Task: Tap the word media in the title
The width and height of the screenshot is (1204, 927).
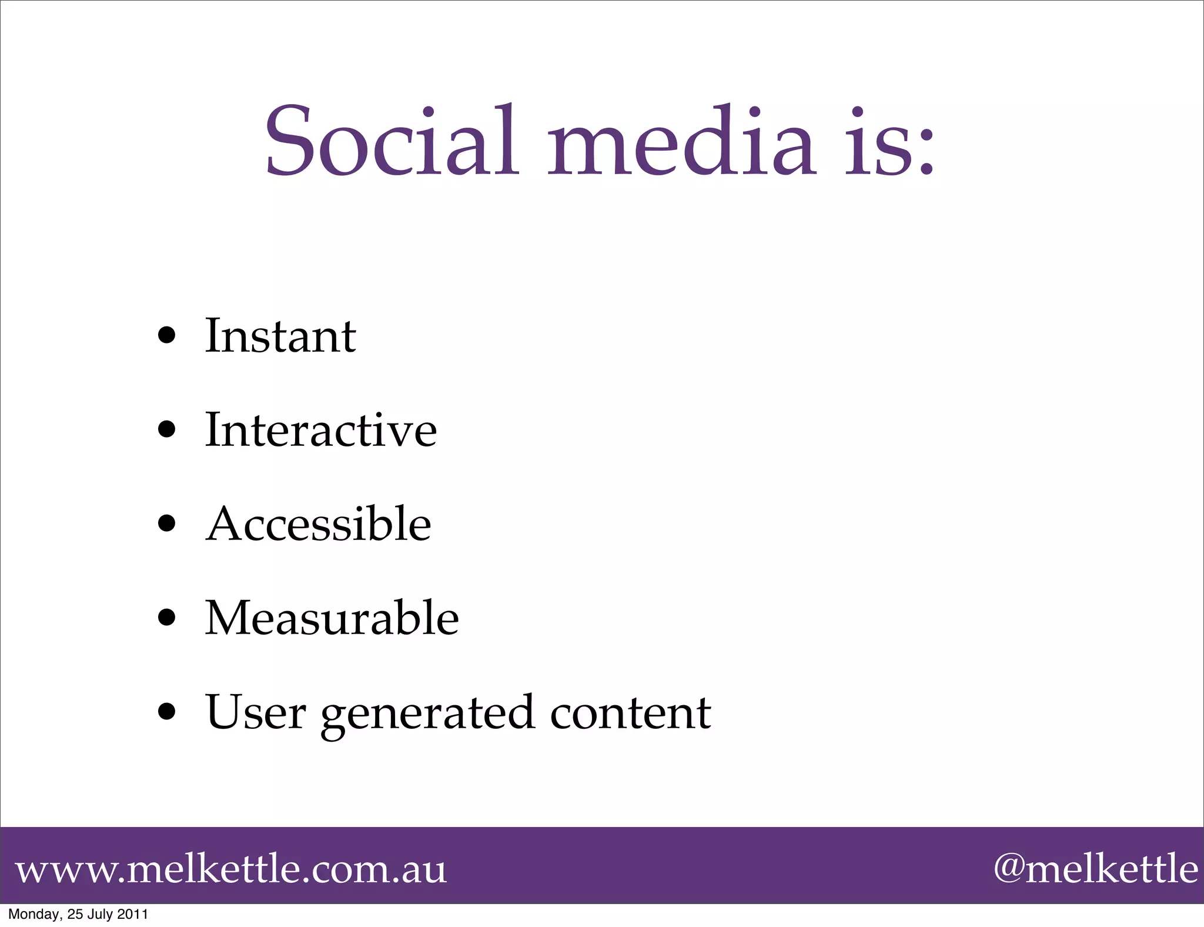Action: [682, 141]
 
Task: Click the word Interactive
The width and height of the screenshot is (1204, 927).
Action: [320, 430]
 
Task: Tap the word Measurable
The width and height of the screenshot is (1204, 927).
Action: [332, 618]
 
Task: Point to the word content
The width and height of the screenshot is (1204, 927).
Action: [630, 712]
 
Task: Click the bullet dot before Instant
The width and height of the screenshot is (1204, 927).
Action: [167, 335]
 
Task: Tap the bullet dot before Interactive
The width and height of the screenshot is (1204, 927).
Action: [167, 429]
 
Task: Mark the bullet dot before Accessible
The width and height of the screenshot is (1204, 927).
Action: [167, 523]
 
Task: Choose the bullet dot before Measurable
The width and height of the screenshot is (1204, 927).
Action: [167, 618]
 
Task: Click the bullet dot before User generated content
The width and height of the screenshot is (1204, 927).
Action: [167, 712]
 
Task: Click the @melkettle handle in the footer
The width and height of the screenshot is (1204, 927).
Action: [1095, 868]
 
